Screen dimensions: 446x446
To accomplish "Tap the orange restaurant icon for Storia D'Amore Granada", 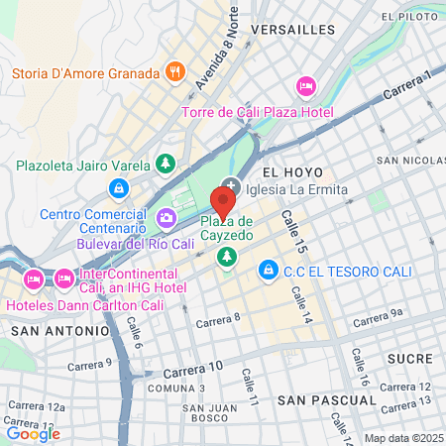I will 174,72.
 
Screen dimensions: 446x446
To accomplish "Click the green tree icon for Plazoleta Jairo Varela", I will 167,164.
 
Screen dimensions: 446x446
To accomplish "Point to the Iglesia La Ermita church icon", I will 232,185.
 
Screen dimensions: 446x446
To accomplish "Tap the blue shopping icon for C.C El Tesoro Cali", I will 267,269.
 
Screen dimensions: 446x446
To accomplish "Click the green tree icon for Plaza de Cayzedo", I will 229,258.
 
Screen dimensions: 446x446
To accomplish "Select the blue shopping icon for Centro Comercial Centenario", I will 119,187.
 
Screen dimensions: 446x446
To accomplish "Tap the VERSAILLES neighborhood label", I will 293,30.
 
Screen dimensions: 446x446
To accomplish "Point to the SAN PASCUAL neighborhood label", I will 326,399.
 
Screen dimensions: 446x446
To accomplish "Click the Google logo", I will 33,432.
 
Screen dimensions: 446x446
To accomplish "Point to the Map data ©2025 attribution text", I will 402,438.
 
